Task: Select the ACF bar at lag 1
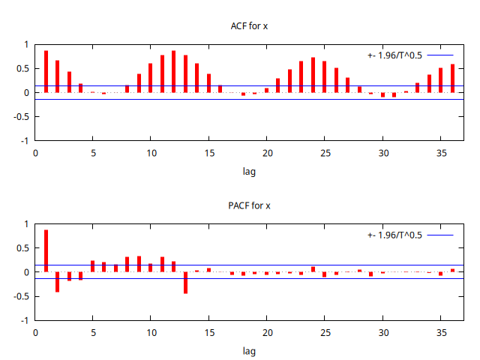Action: tap(46, 72)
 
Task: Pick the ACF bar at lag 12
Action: tap(174, 72)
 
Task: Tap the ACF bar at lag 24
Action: tap(313, 75)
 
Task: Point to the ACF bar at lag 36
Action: tap(452, 79)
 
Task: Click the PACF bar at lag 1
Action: tap(46, 251)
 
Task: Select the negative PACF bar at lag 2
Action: tap(58, 282)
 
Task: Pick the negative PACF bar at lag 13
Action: tap(185, 283)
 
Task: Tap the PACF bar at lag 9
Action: tap(139, 264)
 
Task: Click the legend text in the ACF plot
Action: tap(394, 55)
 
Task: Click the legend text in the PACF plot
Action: tap(394, 235)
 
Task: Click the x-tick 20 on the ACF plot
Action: tap(266, 153)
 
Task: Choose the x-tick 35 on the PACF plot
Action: tap(440, 332)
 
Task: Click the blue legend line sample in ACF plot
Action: tap(441, 55)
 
